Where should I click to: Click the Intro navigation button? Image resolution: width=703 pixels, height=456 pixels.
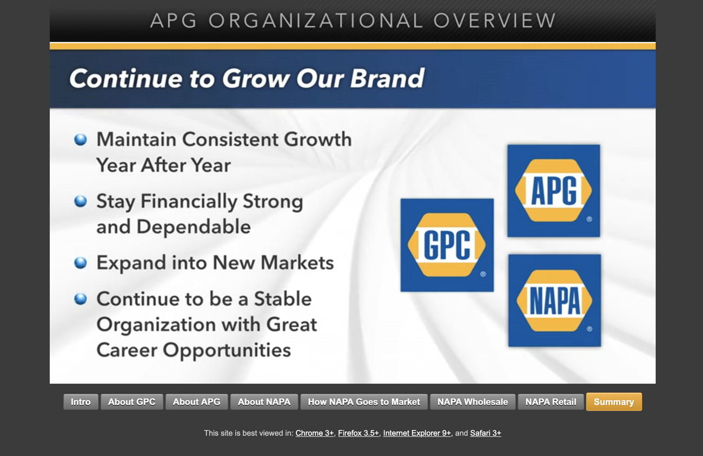pyautogui.click(x=81, y=402)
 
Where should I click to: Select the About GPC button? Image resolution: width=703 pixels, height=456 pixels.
pyautogui.click(x=132, y=402)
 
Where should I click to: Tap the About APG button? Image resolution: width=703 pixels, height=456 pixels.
pyautogui.click(x=197, y=402)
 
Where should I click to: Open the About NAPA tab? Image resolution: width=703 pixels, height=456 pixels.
pyautogui.click(x=264, y=402)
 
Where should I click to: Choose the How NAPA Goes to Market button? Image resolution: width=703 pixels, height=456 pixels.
pyautogui.click(x=364, y=402)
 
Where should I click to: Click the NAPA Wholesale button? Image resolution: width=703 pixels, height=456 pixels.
pyautogui.click(x=473, y=402)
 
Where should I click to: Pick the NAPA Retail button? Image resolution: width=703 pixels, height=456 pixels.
pyautogui.click(x=551, y=402)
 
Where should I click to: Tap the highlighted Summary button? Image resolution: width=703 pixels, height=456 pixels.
pyautogui.click(x=614, y=402)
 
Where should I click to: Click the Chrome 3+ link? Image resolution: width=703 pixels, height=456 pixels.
pyautogui.click(x=315, y=433)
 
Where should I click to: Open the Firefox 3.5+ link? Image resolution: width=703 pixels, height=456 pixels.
pyautogui.click(x=359, y=433)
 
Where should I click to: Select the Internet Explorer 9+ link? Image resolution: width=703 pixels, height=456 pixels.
pyautogui.click(x=417, y=433)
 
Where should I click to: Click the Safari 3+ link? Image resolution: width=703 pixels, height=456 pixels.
pyautogui.click(x=486, y=433)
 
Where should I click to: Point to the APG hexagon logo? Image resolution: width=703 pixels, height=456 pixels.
pyautogui.click(x=554, y=191)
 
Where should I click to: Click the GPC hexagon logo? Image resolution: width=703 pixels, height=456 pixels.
pyautogui.click(x=447, y=245)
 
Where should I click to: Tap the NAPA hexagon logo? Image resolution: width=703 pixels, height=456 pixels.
pyautogui.click(x=554, y=301)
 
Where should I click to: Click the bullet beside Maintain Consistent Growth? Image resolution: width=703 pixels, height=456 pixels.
pyautogui.click(x=81, y=139)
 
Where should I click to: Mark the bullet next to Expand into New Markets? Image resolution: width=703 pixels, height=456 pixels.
pyautogui.click(x=81, y=263)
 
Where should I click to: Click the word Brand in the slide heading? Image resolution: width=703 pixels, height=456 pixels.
pyautogui.click(x=387, y=78)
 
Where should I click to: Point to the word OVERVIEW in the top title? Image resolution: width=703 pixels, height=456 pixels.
pyautogui.click(x=495, y=21)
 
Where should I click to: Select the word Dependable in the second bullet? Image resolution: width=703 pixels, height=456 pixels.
pyautogui.click(x=194, y=227)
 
